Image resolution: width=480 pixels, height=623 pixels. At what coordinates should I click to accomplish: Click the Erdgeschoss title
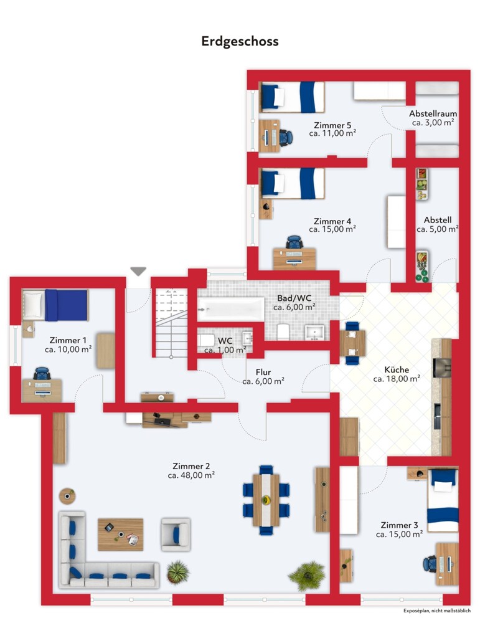(240, 41)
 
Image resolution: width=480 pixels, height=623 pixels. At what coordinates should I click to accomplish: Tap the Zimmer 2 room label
(191, 466)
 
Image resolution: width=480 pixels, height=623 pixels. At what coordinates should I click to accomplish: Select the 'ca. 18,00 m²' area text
(397, 379)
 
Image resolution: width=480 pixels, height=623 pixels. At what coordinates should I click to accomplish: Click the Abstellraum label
(433, 113)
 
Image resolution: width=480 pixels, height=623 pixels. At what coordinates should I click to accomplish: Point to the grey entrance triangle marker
(138, 272)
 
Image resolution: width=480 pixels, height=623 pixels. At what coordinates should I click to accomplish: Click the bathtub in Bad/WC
(231, 309)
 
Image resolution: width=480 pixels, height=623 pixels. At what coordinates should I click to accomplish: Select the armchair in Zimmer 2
(176, 535)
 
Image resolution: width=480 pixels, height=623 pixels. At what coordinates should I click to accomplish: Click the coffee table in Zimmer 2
(120, 535)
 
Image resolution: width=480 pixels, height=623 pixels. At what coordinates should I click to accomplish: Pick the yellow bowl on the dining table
(266, 500)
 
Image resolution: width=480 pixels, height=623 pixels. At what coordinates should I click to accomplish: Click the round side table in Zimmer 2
(67, 496)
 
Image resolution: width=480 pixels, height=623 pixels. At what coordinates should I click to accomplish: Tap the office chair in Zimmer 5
(286, 138)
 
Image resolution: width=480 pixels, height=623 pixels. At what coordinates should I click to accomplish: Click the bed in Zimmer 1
(55, 305)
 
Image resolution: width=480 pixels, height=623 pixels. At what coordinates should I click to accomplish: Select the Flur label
(263, 373)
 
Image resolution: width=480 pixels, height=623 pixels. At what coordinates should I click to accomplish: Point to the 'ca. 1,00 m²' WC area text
(225, 350)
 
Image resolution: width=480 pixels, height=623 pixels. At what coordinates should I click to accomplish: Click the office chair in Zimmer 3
(430, 563)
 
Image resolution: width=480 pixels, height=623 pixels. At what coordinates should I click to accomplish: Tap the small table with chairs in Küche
(352, 343)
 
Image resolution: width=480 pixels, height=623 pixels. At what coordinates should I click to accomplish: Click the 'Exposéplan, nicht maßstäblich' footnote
(437, 611)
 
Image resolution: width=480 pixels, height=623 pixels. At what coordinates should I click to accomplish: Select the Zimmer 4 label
(332, 221)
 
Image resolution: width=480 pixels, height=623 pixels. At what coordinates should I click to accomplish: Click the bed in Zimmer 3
(443, 501)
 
